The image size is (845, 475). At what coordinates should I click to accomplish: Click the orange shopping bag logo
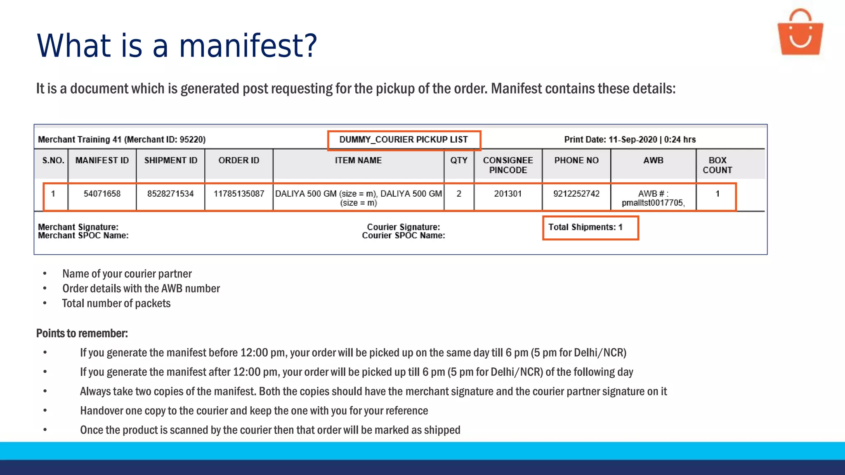[800, 33]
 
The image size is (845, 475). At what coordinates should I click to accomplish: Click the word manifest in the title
[248, 45]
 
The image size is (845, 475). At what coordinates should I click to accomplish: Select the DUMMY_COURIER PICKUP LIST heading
[404, 140]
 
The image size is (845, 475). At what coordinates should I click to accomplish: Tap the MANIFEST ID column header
[102, 160]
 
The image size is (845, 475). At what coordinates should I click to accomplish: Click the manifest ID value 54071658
[102, 194]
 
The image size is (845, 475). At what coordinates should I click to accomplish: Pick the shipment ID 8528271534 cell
[170, 194]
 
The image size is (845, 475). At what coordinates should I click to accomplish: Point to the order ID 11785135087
[239, 194]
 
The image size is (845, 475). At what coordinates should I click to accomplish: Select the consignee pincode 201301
[508, 194]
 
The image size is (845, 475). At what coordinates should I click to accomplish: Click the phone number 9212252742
[576, 194]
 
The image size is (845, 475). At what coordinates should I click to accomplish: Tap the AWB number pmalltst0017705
[653, 203]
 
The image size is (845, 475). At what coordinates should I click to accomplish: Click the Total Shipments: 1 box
[590, 228]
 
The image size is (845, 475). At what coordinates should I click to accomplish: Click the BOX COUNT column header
[718, 165]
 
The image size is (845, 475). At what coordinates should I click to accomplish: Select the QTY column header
[459, 160]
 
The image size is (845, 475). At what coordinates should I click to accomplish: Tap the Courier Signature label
[404, 227]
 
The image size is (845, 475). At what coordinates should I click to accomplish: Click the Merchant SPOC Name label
[83, 236]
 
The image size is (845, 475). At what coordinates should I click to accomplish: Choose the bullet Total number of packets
[116, 303]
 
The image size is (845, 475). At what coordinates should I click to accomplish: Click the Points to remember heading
[82, 333]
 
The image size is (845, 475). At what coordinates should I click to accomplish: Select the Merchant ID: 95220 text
[165, 140]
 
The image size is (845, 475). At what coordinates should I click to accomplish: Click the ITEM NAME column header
[358, 160]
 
